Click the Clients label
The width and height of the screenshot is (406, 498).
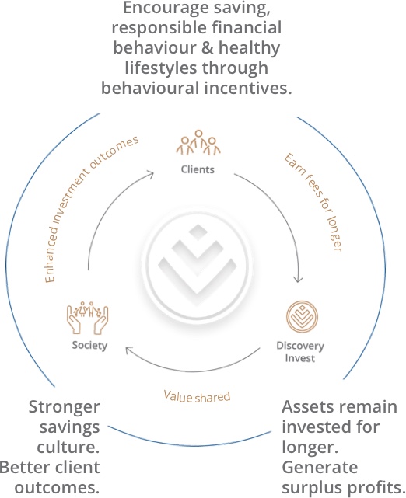(198, 169)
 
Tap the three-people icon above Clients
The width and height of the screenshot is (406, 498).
(198, 143)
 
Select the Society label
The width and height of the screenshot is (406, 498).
(89, 346)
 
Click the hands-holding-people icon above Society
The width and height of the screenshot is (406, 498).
(87, 318)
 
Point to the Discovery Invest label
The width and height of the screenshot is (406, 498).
(300, 352)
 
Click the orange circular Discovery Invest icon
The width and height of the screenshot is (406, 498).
(302, 317)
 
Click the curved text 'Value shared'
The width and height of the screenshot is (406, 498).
(197, 397)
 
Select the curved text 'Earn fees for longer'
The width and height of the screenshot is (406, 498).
(313, 202)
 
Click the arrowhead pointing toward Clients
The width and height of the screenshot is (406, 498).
(150, 174)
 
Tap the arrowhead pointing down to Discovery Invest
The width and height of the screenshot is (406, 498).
(298, 280)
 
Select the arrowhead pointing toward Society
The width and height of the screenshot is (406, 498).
(129, 350)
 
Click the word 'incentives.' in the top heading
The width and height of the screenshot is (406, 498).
(248, 88)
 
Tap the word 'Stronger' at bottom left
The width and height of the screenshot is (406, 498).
(65, 407)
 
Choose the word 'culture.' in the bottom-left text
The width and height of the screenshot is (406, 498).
(68, 448)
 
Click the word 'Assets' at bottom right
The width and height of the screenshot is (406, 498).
(308, 406)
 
